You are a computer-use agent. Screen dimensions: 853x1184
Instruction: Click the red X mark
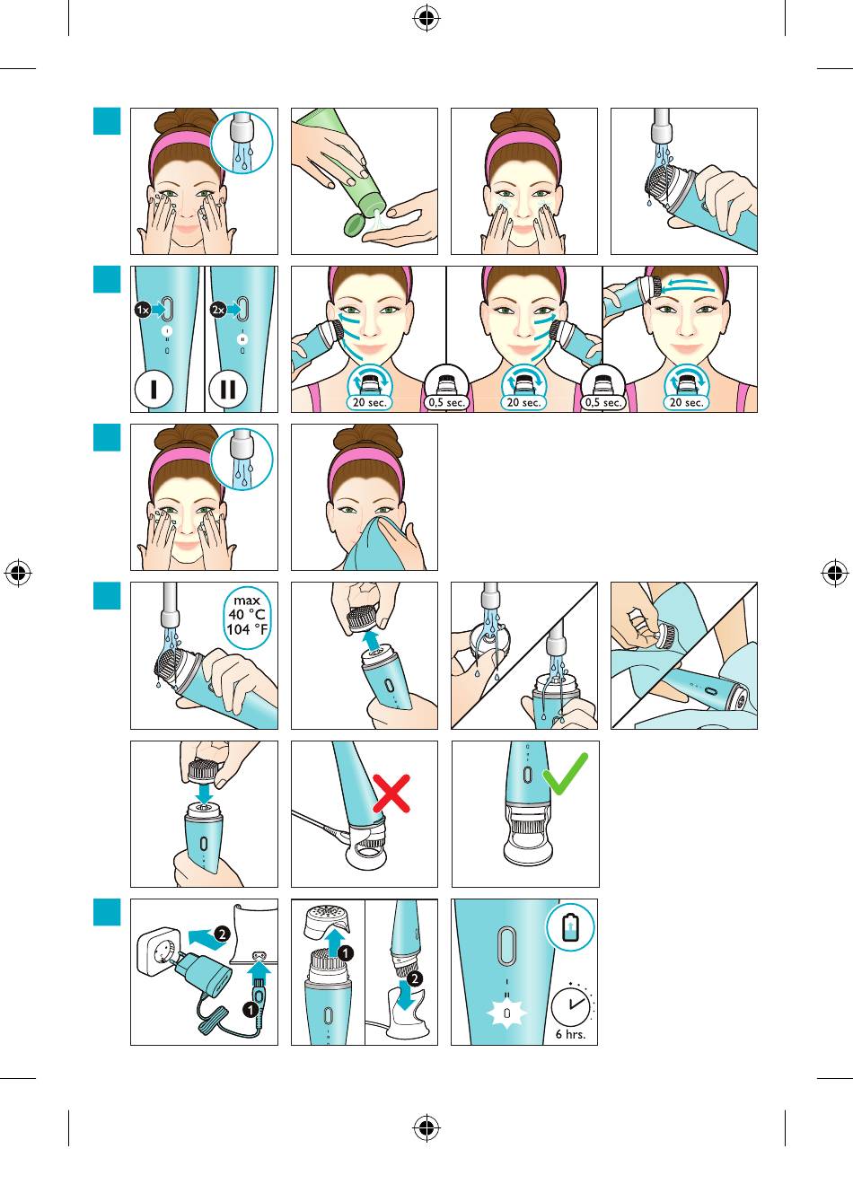click(391, 794)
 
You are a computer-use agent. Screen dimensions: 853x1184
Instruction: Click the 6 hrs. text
click(570, 1034)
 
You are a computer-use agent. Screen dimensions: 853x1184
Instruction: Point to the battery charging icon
click(570, 927)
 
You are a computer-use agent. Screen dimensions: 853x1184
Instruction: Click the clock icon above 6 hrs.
click(572, 1004)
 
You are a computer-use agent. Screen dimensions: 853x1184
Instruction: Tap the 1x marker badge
click(142, 310)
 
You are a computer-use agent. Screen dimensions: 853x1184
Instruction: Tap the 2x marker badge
click(218, 310)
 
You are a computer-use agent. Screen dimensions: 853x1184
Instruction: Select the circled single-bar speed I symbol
click(154, 389)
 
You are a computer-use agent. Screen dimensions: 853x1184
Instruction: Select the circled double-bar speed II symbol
click(228, 389)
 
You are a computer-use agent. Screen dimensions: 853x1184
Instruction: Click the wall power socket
click(159, 950)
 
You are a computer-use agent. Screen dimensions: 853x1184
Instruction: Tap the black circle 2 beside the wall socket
click(222, 934)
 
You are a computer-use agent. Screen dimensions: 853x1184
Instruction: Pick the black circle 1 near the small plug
click(251, 1010)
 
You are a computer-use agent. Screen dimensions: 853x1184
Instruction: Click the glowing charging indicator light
click(506, 1013)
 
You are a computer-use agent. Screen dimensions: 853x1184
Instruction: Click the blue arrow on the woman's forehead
click(690, 284)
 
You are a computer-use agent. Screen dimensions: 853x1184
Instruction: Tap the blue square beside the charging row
click(107, 912)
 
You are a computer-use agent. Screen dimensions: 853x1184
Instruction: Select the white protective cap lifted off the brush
click(327, 918)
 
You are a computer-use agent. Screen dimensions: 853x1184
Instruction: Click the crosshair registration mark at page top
click(426, 19)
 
